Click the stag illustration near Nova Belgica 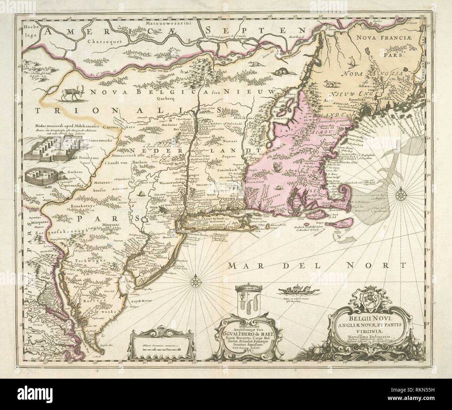click(x=73, y=93)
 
